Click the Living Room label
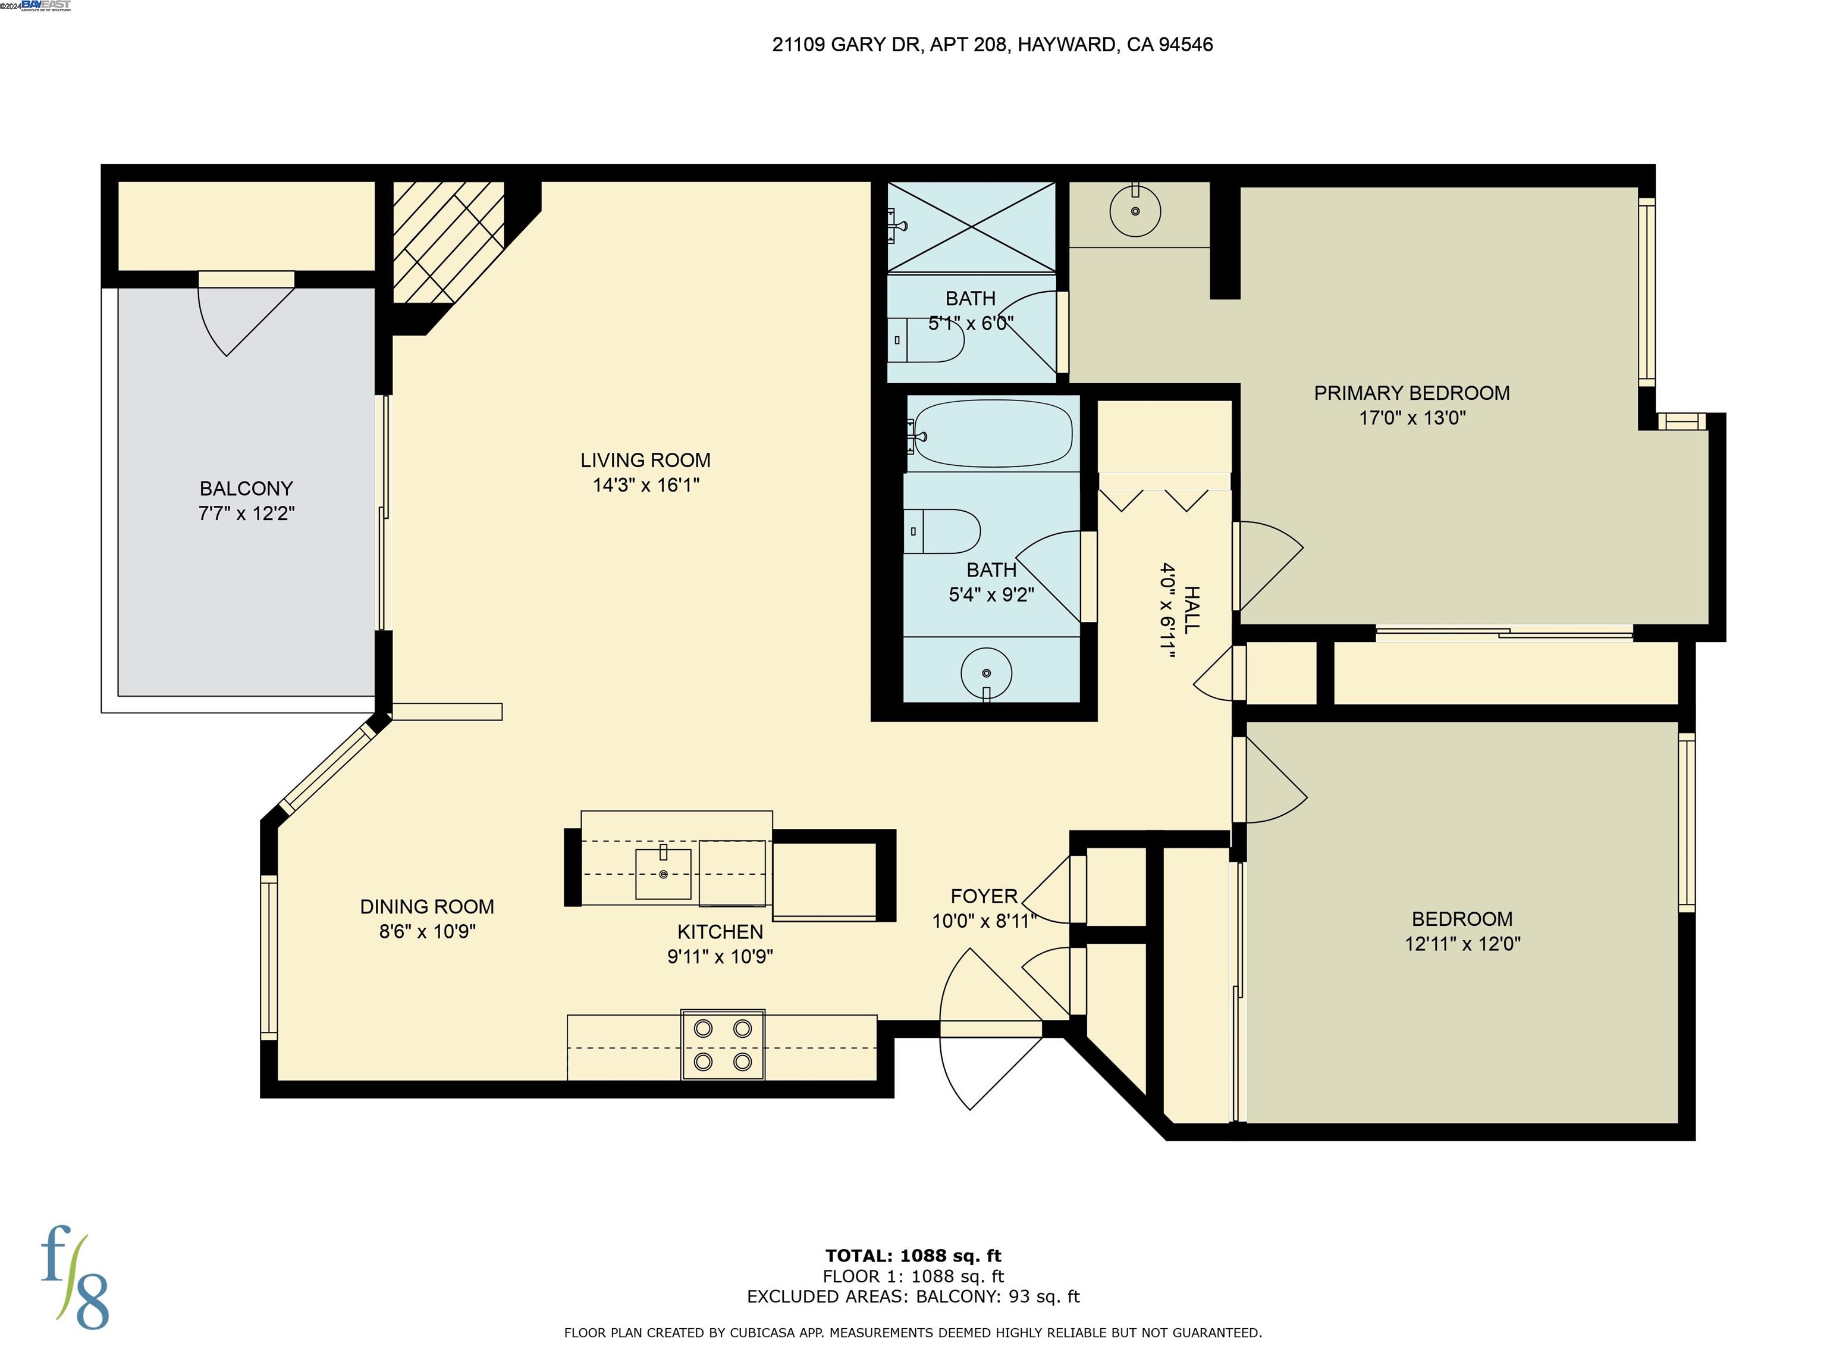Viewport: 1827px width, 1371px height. [645, 461]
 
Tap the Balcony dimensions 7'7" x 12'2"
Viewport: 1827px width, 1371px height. [246, 513]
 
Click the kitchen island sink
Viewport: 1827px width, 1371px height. [663, 873]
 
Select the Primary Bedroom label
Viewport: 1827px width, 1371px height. [1411, 393]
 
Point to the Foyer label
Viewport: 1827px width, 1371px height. [983, 896]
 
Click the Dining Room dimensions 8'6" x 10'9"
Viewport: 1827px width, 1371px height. [427, 931]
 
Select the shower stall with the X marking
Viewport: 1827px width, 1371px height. [971, 227]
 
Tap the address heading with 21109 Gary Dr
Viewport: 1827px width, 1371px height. [992, 45]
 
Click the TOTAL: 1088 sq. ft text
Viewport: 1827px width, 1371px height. [913, 1256]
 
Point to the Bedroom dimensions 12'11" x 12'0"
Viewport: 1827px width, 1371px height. [1462, 944]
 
